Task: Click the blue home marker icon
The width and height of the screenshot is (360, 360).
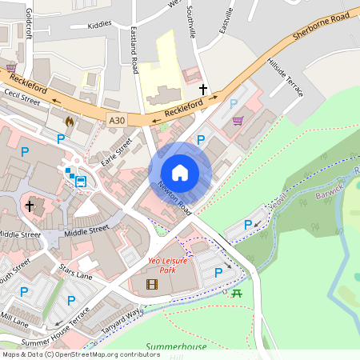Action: pos(180,173)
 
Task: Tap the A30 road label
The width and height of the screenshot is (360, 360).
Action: pos(117,120)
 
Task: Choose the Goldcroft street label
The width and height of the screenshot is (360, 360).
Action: pos(29,23)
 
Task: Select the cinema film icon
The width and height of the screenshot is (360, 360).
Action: pos(152,284)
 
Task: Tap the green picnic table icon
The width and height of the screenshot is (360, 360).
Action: pos(237,294)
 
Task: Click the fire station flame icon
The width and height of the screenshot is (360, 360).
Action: pos(68,122)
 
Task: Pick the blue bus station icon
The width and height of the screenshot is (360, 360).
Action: pos(82,181)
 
